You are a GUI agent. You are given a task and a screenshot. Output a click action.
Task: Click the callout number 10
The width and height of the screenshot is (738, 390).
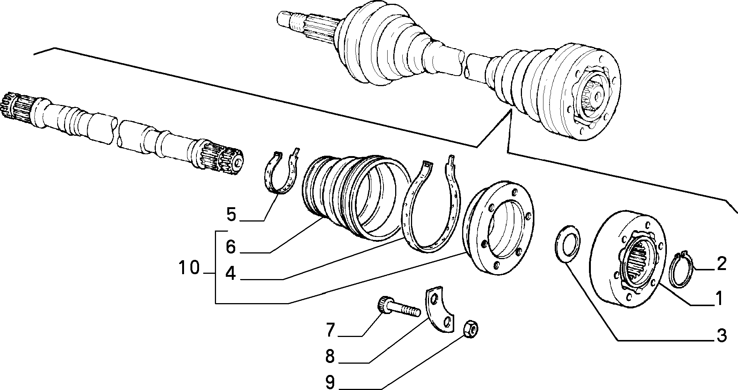(189, 269)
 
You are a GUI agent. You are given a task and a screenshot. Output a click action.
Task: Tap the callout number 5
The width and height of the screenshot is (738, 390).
(231, 215)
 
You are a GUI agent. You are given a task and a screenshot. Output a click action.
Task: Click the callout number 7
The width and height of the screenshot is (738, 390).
(330, 330)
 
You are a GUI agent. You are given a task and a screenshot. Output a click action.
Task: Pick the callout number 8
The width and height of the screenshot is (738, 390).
(330, 356)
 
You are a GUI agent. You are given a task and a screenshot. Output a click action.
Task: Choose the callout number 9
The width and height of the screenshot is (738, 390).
(330, 382)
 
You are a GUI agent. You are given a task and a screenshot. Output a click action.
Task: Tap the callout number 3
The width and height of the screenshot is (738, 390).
(721, 335)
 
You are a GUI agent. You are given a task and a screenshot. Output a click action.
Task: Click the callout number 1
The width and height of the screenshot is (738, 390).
(719, 299)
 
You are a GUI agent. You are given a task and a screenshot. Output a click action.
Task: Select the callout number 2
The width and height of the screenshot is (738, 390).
(721, 264)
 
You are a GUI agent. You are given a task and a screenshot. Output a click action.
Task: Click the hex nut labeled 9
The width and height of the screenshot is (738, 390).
(470, 330)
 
